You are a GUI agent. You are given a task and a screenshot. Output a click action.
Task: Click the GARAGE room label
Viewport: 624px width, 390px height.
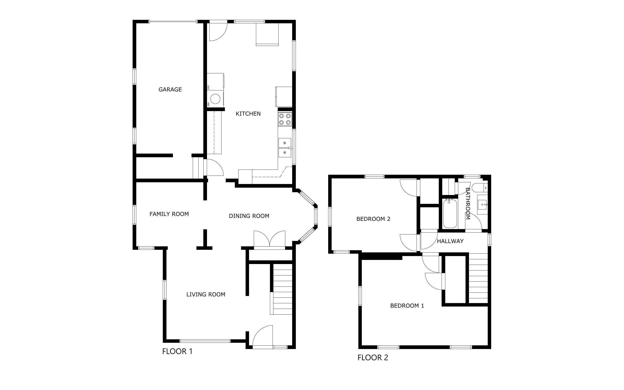170,90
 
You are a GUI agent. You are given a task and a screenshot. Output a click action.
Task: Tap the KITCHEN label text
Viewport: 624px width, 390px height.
248,114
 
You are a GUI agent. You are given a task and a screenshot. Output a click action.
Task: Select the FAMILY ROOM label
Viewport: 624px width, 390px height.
169,214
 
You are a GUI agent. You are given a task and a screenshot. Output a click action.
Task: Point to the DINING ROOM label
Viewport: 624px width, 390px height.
249,216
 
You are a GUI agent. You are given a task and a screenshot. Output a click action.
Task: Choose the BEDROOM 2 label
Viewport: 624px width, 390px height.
373,219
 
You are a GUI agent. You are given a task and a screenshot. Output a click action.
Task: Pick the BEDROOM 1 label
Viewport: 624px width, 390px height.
407,306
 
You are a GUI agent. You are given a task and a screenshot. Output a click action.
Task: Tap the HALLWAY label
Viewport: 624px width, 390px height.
450,241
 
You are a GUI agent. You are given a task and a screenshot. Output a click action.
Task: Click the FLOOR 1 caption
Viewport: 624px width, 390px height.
177,352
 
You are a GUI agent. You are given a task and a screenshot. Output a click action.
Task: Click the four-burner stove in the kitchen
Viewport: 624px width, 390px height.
285,119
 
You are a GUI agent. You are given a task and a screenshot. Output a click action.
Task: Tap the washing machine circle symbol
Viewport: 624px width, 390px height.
215,99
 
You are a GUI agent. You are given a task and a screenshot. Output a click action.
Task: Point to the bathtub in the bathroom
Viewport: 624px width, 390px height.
450,214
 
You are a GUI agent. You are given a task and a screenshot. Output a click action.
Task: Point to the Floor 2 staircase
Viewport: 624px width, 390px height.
478,278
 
